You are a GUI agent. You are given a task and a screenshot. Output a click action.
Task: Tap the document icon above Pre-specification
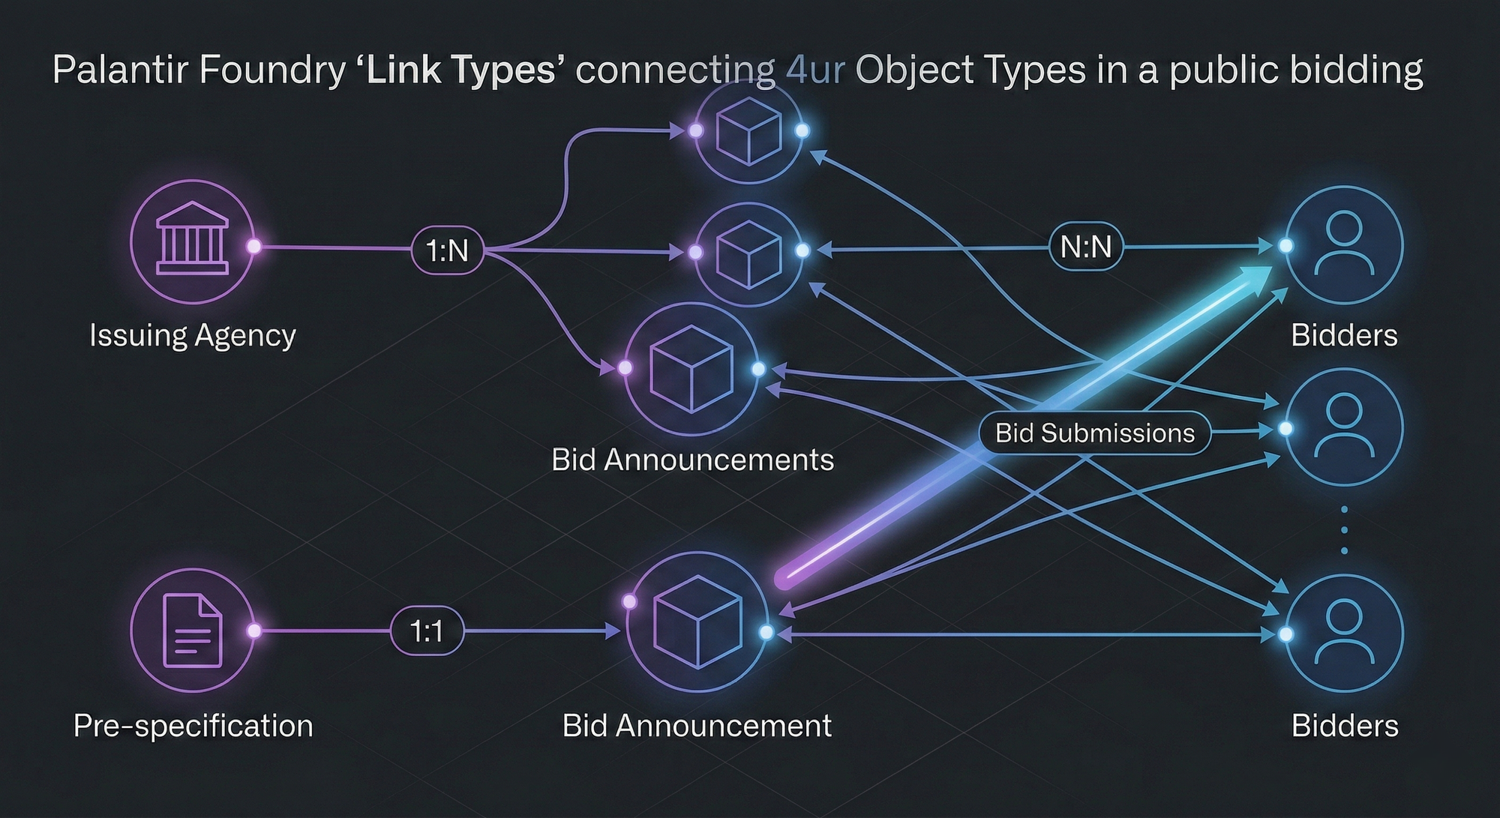point(192,631)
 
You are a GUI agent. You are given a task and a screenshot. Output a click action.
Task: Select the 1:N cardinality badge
point(448,250)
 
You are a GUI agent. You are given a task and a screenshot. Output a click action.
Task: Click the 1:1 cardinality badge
point(427,631)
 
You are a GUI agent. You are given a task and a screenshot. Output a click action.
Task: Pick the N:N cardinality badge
point(1086,247)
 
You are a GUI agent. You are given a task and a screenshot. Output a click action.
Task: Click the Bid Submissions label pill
point(1094,433)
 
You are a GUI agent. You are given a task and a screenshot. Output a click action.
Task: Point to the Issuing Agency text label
point(193,335)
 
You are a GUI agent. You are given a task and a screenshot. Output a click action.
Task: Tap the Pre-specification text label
point(193,726)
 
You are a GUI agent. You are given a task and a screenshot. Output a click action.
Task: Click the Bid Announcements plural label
point(692,460)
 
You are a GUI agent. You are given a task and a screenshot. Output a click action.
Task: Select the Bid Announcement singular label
point(697,726)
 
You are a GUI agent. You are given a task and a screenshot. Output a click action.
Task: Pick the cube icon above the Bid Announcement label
point(698,622)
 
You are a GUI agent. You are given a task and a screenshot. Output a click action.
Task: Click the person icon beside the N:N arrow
point(1345,244)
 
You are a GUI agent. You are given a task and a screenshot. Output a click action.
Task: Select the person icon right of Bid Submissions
point(1344,426)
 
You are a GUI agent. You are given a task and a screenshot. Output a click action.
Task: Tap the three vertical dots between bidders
point(1344,530)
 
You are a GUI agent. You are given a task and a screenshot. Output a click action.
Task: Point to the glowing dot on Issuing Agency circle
point(254,247)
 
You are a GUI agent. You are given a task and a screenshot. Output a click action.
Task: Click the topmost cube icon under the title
point(748,131)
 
